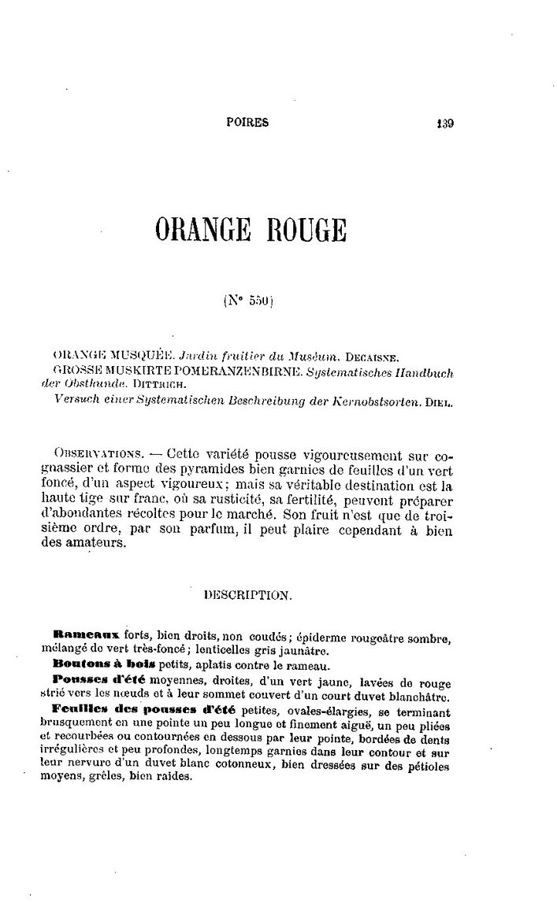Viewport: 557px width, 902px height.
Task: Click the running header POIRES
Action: coord(247,123)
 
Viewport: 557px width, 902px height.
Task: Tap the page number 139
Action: coord(445,123)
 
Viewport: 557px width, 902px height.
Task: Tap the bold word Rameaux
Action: coord(85,634)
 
